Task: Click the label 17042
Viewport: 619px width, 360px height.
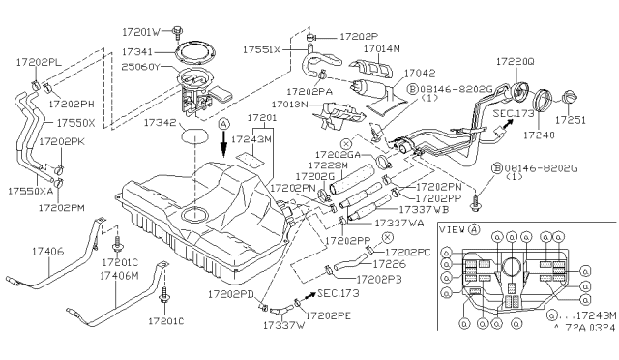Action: click(419, 72)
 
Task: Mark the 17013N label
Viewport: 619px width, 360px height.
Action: click(287, 104)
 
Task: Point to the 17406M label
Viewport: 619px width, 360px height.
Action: click(120, 275)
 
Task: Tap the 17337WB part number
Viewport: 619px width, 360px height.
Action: click(422, 208)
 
